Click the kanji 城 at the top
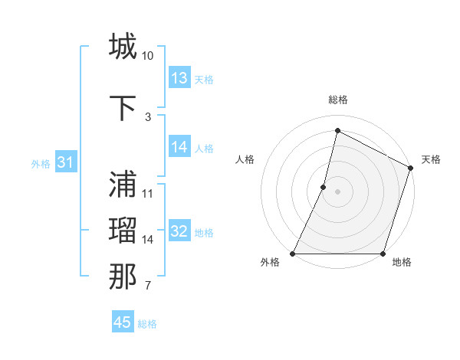(x=123, y=47)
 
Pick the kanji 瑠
(x=123, y=231)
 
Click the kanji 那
(x=123, y=277)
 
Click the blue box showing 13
(x=179, y=78)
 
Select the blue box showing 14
(x=179, y=147)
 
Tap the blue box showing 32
(x=179, y=231)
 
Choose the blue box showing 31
(x=65, y=162)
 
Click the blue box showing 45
(x=123, y=322)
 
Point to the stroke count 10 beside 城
(x=148, y=56)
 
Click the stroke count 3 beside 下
(x=148, y=116)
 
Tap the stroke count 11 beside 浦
(x=148, y=193)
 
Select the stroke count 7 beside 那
(x=148, y=286)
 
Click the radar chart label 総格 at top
(x=337, y=100)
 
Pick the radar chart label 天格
(x=431, y=159)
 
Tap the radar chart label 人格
(x=245, y=159)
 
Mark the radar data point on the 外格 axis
(x=293, y=254)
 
